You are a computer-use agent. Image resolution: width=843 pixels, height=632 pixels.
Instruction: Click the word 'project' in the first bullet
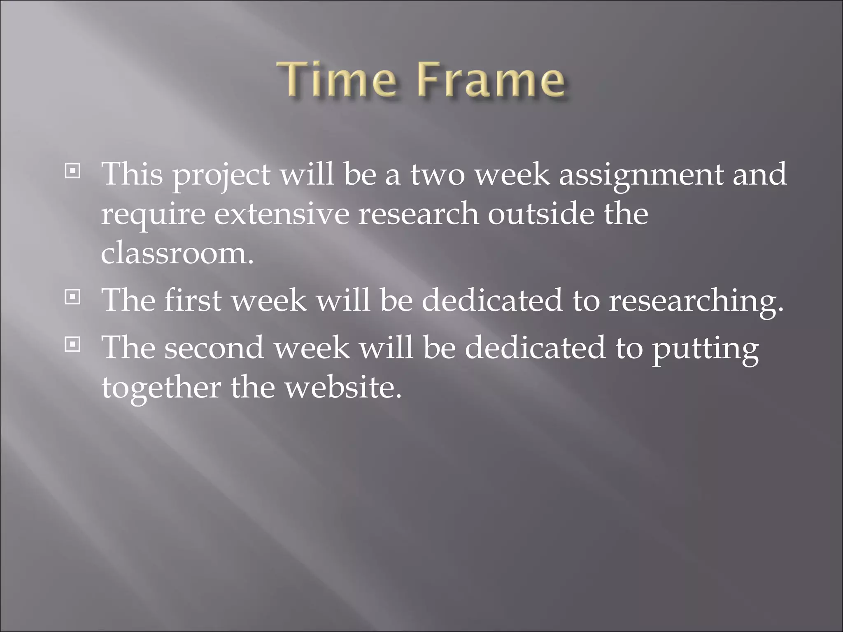pos(221,175)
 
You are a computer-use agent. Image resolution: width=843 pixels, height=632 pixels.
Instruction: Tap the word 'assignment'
pos(640,175)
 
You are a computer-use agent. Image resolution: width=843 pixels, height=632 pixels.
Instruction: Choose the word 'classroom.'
pos(177,253)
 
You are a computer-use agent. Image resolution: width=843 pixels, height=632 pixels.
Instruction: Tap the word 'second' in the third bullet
pos(214,348)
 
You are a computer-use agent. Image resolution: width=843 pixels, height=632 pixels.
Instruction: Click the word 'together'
pos(161,388)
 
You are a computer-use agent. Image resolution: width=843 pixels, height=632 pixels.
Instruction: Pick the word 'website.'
pos(343,387)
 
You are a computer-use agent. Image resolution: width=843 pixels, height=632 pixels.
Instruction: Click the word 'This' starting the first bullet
pos(133,174)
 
